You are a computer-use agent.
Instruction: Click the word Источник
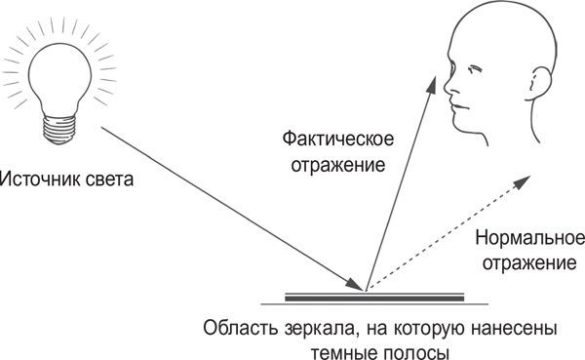[x=38, y=180]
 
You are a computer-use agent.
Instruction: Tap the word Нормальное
[x=529, y=239]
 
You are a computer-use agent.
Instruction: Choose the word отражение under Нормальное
[x=530, y=262]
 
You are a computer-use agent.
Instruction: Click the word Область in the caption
[x=235, y=325]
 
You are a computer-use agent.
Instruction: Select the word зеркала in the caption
[x=310, y=325]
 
